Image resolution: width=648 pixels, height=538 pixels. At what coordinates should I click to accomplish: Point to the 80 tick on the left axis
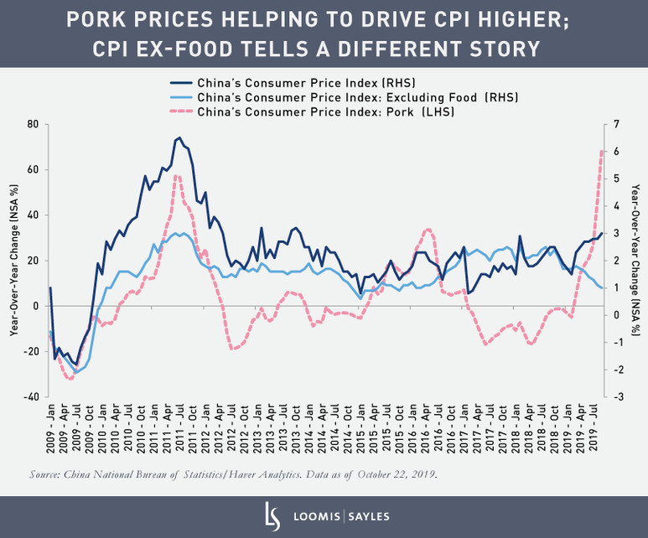coord(34,124)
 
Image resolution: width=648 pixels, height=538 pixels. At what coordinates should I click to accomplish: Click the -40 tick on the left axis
coord(32,396)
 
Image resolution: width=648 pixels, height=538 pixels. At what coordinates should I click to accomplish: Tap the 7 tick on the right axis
coord(616,124)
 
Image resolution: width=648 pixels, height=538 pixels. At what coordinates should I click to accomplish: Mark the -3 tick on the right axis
coord(617,396)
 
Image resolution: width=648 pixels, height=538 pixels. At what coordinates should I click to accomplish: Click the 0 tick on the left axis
coord(35,306)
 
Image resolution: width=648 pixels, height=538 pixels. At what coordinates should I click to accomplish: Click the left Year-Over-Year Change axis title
coord(13,260)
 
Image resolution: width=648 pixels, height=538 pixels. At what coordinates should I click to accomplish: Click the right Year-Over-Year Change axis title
coord(635,260)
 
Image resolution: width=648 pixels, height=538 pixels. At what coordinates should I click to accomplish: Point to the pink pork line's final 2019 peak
coord(602,152)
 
